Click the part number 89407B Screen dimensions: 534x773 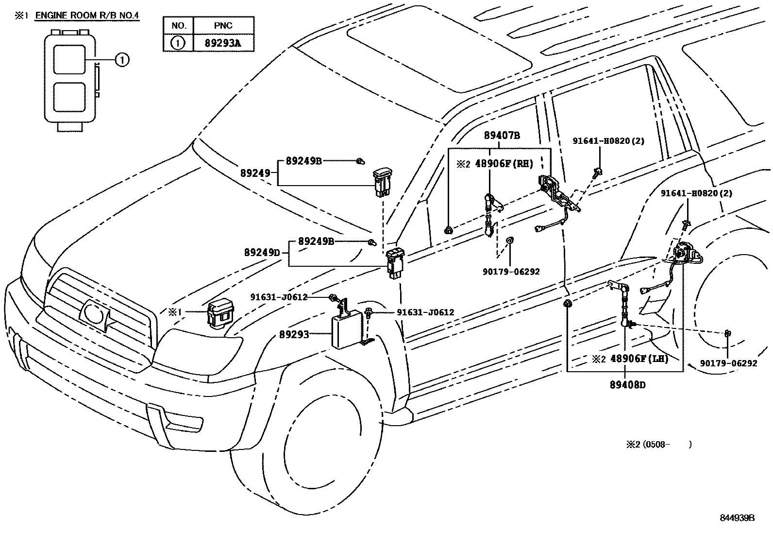pos(502,136)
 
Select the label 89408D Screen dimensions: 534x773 pos(628,385)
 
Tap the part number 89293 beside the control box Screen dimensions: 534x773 pos(294,334)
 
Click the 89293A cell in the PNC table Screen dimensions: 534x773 pos(223,43)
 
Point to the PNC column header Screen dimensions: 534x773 pos(223,25)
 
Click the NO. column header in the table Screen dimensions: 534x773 pos(178,25)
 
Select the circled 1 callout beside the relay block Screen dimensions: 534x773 pos(122,60)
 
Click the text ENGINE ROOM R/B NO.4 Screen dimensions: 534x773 pos(87,16)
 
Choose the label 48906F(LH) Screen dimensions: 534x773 pos(639,359)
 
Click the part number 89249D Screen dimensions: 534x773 pos(262,253)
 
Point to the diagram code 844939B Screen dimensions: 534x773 pos(737,517)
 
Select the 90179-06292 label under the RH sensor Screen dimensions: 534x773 pos(511,272)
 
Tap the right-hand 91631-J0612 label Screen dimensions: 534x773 pos(425,312)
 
